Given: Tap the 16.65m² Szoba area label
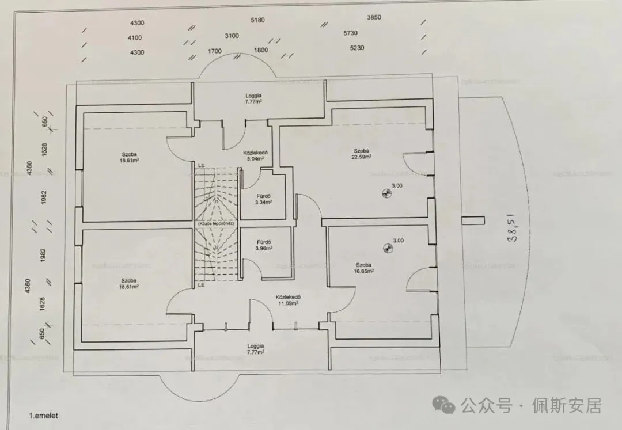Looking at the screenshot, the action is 364,271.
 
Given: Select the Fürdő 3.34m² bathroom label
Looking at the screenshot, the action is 264,202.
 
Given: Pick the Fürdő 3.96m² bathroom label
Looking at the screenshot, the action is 264,249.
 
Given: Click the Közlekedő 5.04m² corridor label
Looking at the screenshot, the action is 253,158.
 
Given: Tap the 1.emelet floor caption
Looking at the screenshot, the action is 44,414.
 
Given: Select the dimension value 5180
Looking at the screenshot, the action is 257,20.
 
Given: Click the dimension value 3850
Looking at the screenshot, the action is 374,18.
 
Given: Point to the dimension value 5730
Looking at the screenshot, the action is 350,33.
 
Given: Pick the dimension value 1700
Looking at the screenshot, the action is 214,51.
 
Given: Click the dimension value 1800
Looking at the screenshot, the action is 260,50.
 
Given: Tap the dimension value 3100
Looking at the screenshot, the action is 232,36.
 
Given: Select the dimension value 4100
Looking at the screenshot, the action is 135,37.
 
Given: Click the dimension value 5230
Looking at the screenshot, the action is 356,48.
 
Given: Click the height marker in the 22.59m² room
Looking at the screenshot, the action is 385,194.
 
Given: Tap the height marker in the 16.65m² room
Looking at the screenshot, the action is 387,249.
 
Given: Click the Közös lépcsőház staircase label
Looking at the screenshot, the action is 214,223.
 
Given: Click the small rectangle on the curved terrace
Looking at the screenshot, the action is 474,219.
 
